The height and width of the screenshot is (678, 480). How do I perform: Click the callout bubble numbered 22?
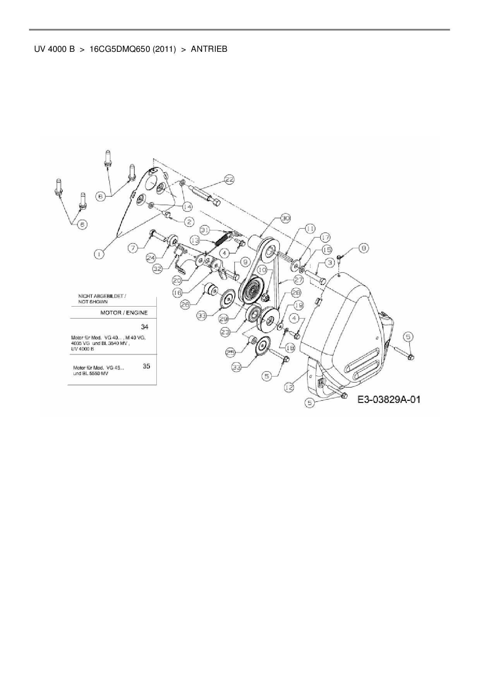coord(230,179)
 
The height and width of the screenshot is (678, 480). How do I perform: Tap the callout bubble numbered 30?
coord(285,218)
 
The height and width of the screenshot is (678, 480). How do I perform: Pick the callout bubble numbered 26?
coord(185,305)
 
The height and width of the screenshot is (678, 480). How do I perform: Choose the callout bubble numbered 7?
coord(133,247)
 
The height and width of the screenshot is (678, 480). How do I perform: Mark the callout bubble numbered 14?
coord(187,207)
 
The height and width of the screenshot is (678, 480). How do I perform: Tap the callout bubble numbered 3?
coord(329,263)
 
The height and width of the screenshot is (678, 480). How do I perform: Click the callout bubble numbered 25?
coord(230,352)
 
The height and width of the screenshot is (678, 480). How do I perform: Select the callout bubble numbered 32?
coord(157,269)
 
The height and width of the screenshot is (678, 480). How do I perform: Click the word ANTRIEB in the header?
coord(209,49)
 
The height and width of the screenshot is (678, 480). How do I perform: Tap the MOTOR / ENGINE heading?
coord(124,313)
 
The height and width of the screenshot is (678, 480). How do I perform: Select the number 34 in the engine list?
coord(144,327)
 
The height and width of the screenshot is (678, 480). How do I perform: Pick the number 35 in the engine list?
coord(146,366)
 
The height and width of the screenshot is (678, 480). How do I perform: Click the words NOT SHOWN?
coord(93,302)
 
